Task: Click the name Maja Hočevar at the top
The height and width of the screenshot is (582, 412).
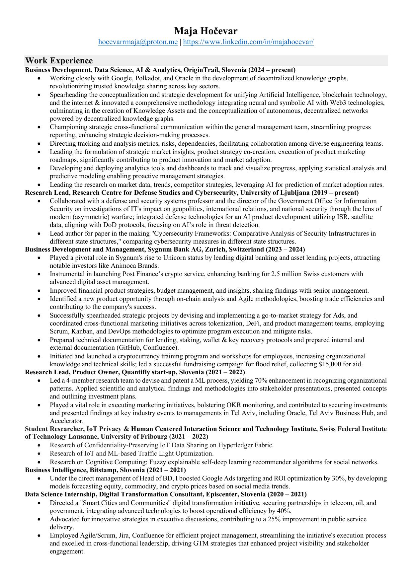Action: (206, 31)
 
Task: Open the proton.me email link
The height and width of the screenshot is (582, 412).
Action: (138, 42)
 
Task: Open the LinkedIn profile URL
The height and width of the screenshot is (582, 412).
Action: (248, 42)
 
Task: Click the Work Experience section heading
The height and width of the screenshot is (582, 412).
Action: (59, 61)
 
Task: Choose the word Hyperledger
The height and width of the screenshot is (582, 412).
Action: (235, 445)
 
